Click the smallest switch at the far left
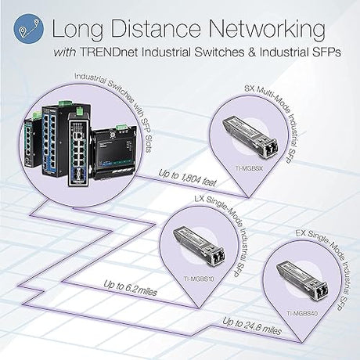(29, 144)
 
